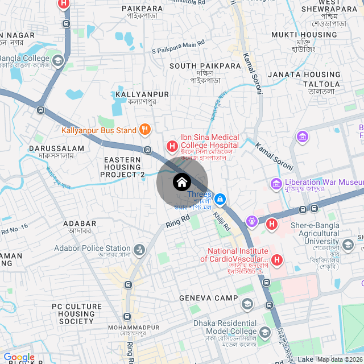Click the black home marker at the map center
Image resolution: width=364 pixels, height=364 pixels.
click(181, 182)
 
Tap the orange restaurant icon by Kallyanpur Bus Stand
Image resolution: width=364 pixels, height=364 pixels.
click(145, 129)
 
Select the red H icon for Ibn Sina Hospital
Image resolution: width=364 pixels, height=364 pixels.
click(171, 146)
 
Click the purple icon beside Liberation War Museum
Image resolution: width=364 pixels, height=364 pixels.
click(276, 183)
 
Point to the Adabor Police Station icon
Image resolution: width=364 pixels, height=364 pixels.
click(139, 249)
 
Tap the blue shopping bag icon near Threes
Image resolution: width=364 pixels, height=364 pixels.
click(221, 198)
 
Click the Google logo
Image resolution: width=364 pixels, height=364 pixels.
click(19, 357)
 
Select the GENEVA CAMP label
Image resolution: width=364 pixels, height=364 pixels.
click(208, 298)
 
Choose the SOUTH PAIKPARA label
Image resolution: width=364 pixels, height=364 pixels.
click(205, 66)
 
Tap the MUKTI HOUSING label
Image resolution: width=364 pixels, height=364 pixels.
click(312, 35)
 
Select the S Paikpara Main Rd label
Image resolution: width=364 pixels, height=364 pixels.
click(178, 47)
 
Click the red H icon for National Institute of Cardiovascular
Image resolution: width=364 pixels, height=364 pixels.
click(277, 260)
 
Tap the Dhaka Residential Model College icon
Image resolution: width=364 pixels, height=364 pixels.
click(264, 332)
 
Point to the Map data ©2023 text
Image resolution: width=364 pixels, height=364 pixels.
click(340, 359)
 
